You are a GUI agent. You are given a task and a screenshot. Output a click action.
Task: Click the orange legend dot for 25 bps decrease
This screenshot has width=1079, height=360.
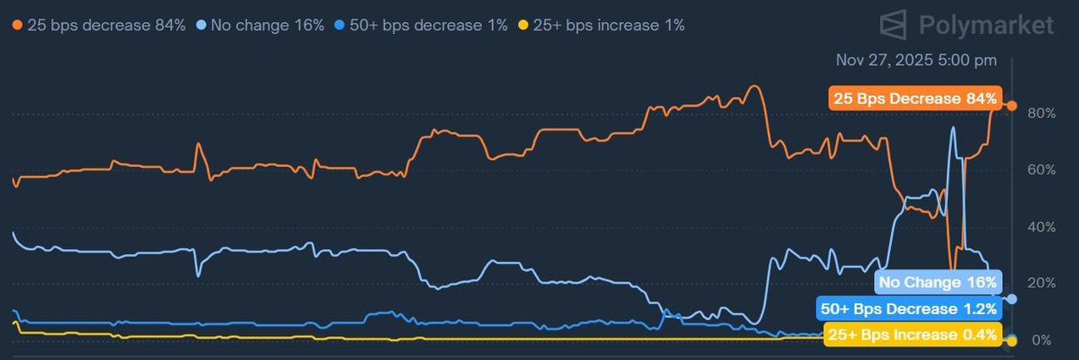[x=17, y=25]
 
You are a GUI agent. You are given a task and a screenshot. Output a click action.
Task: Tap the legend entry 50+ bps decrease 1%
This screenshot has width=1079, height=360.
[x=421, y=25]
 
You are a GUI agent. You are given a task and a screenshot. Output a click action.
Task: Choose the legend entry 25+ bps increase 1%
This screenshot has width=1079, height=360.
[x=601, y=25]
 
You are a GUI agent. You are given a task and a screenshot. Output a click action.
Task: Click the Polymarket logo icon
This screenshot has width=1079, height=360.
[x=893, y=25]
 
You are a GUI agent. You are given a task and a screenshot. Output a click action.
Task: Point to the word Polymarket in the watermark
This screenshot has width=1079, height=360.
[x=986, y=25]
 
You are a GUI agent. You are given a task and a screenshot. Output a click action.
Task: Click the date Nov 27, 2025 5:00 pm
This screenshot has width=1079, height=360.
[x=916, y=60]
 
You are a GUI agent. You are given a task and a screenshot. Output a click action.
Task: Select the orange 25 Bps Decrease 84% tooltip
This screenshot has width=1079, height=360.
[x=916, y=98]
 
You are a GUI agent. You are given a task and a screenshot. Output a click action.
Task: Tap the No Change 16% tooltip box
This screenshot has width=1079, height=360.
[x=938, y=282]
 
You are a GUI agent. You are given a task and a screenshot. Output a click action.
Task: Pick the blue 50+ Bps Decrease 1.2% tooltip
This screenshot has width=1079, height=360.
[x=909, y=308]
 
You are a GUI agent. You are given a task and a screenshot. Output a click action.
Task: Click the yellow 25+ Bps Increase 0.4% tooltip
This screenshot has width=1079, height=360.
[x=913, y=335]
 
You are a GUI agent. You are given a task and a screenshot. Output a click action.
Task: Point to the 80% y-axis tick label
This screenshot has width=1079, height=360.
[x=1042, y=114]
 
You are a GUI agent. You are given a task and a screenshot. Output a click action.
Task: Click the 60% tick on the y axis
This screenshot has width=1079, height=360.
[x=1042, y=170]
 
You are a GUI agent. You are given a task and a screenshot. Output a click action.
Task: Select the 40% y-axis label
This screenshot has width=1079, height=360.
[x=1042, y=227]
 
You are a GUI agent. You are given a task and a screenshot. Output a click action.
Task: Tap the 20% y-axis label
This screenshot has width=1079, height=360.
[x=1042, y=283]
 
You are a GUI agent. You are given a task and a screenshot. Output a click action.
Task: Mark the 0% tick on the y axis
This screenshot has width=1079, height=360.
[x=1042, y=341]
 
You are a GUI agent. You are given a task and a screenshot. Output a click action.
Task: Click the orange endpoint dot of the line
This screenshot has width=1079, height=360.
[x=1012, y=106]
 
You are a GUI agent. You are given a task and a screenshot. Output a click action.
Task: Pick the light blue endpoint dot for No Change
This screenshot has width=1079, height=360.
[x=1012, y=299]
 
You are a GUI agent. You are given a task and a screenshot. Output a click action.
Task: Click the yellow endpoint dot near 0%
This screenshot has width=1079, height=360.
[x=1012, y=341]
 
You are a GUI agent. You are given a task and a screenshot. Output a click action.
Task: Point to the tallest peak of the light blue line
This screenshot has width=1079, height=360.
[x=952, y=127]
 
